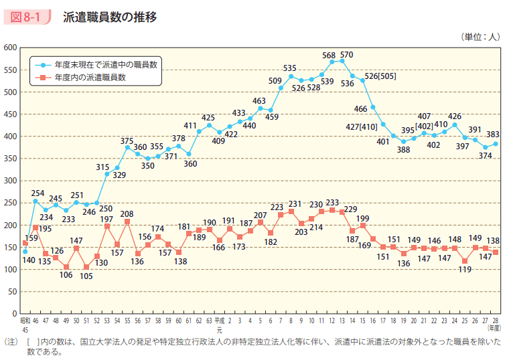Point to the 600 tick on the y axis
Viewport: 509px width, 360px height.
tap(9, 48)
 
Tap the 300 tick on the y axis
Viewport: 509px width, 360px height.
tap(9, 181)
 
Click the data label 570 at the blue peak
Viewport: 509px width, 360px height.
tap(346, 54)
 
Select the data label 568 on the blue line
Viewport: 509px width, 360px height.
tap(329, 54)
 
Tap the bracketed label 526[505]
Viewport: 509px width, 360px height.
tap(380, 76)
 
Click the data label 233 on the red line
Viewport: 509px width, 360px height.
tap(332, 201)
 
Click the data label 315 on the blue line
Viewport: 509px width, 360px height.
tap(102, 167)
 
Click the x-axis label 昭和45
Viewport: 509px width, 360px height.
tap(25, 325)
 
